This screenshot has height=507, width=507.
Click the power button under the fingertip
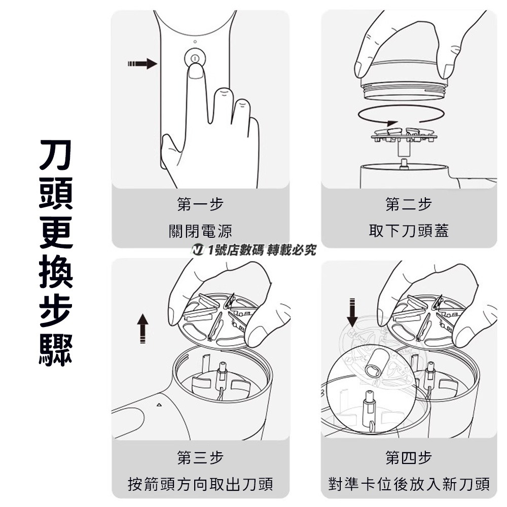[194, 57]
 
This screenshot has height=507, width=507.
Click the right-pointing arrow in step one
[142, 63]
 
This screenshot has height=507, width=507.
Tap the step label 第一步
[200, 204]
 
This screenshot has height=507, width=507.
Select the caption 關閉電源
[200, 232]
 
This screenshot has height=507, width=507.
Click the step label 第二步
[409, 204]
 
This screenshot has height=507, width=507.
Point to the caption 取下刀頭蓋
[409, 232]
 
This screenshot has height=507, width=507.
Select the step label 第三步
[200, 458]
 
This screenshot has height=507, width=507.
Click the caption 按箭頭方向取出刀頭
[200, 484]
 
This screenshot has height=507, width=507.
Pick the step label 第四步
[409, 458]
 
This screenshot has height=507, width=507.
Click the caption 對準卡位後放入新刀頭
[409, 484]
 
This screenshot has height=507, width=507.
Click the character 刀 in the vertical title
[56, 155]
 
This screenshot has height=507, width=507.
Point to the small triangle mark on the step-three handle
[159, 405]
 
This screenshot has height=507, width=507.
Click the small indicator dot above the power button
[194, 42]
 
